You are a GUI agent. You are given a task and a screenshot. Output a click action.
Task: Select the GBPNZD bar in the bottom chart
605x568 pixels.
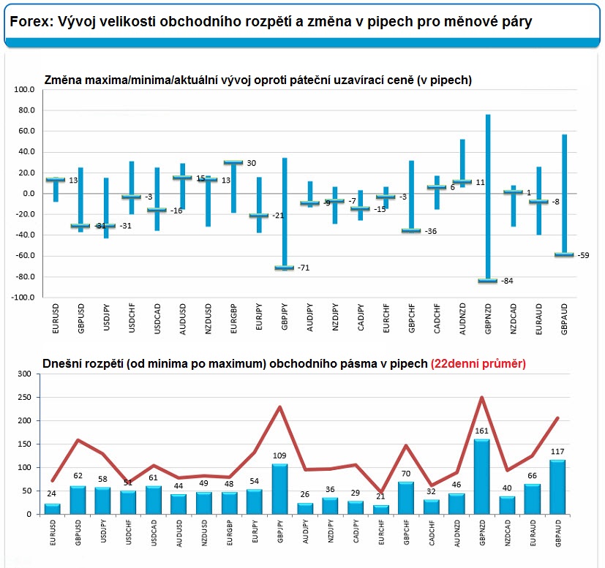(481, 477)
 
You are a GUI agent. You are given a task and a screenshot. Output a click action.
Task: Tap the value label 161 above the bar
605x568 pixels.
(481, 431)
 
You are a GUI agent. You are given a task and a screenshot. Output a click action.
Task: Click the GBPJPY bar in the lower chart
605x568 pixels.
(279, 489)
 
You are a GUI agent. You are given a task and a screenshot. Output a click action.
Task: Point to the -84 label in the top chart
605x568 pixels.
(507, 281)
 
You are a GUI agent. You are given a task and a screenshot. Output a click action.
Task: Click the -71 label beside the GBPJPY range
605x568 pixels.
(304, 268)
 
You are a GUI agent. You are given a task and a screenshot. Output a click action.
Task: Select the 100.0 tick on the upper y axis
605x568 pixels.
(24, 89)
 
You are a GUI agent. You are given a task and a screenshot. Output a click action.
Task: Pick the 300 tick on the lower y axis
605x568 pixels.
(24, 374)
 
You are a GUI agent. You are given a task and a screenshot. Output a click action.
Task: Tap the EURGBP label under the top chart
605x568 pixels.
(233, 319)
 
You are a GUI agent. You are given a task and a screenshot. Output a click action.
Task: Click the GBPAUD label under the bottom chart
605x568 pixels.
(558, 533)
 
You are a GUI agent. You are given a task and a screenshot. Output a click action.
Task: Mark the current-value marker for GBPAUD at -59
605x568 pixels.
(564, 254)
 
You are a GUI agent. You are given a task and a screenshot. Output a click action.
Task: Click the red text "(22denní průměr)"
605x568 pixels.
(478, 363)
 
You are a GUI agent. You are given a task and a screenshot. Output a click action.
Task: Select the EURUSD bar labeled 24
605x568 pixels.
(53, 509)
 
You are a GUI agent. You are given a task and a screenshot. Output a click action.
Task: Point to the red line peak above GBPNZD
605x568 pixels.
(481, 398)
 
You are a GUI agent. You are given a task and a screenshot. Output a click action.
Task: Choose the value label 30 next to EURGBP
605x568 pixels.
(251, 163)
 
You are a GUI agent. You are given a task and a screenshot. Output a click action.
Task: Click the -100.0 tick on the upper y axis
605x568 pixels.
(23, 298)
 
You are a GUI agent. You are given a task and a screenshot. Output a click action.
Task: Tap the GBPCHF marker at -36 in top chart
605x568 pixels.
(411, 230)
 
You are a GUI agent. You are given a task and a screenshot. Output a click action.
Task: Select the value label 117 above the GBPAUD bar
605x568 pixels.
(557, 452)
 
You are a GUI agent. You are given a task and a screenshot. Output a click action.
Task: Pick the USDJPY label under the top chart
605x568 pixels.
(107, 317)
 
